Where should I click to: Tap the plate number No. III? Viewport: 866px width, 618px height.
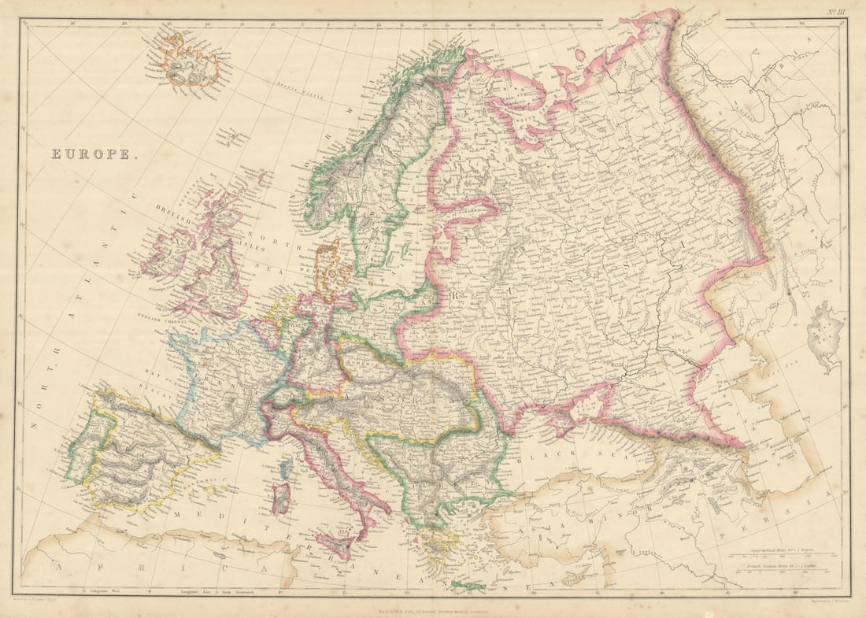[x=836, y=11]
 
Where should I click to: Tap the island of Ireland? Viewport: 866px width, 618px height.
[x=168, y=253]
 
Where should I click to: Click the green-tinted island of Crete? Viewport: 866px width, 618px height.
[x=468, y=586]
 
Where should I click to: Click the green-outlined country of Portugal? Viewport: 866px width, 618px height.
[x=81, y=453]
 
